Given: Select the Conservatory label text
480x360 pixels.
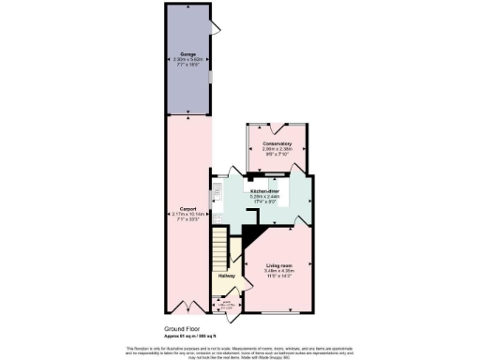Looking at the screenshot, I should click(278, 143).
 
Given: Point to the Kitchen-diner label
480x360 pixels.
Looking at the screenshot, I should click(265, 190).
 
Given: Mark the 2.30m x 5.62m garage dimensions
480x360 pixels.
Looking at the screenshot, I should click(187, 63).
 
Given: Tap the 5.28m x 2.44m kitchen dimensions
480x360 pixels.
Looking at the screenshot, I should click(265, 197).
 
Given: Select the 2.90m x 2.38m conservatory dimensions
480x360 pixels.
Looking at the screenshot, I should click(278, 150).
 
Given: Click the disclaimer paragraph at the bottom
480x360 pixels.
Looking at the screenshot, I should click(240, 351).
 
